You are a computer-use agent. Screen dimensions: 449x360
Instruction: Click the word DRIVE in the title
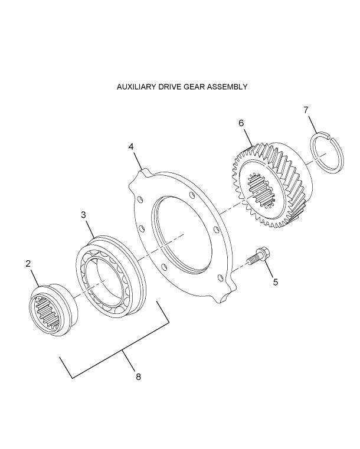coord(169,87)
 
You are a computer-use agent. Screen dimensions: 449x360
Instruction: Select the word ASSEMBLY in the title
coord(228,87)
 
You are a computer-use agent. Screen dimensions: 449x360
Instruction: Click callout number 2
coord(28,264)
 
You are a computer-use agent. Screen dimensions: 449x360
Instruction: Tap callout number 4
coord(132,146)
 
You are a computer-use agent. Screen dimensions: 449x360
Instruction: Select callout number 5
coord(275,282)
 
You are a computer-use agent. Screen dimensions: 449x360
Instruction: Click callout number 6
coord(241,123)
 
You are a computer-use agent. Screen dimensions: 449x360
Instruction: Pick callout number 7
coord(306,110)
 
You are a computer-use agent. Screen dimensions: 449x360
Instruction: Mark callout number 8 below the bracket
coord(138,376)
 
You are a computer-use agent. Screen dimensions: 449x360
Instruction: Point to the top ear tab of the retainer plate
coord(144,173)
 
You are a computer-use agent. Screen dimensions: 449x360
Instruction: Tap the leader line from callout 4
coord(138,160)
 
